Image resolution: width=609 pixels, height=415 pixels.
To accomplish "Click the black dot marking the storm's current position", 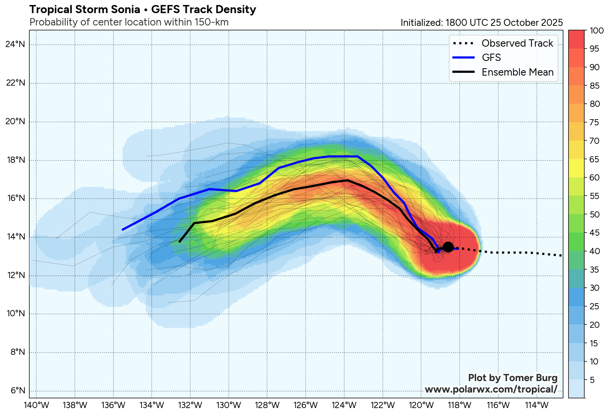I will [x=448, y=247].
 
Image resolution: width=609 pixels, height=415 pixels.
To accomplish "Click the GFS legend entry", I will [x=491, y=57].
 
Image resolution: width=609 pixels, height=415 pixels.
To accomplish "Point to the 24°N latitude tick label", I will [x=15, y=44].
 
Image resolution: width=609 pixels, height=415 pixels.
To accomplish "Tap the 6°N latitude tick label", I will [x=17, y=391].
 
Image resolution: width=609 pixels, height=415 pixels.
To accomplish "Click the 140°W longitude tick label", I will [x=36, y=405].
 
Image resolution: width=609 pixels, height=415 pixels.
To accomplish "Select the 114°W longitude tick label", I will [x=537, y=405].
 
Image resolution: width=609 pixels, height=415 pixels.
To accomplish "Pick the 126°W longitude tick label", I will [x=306, y=405].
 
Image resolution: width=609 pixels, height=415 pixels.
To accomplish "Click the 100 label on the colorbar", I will [x=597, y=31].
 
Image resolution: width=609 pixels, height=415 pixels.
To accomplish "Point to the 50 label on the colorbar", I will [x=595, y=215].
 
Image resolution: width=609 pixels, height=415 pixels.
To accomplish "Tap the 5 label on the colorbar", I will [x=592, y=380].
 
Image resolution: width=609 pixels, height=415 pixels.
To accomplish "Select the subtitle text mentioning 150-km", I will [x=129, y=22].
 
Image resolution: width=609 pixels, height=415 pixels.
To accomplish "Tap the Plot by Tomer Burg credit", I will [x=513, y=378].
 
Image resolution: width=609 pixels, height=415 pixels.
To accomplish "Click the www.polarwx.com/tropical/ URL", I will [x=491, y=389].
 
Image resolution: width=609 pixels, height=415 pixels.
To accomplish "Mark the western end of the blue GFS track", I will [x=122, y=230].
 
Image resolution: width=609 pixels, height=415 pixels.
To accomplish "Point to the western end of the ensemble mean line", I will [x=179, y=242].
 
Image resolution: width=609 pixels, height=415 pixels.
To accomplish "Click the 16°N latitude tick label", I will [x=15, y=199].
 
